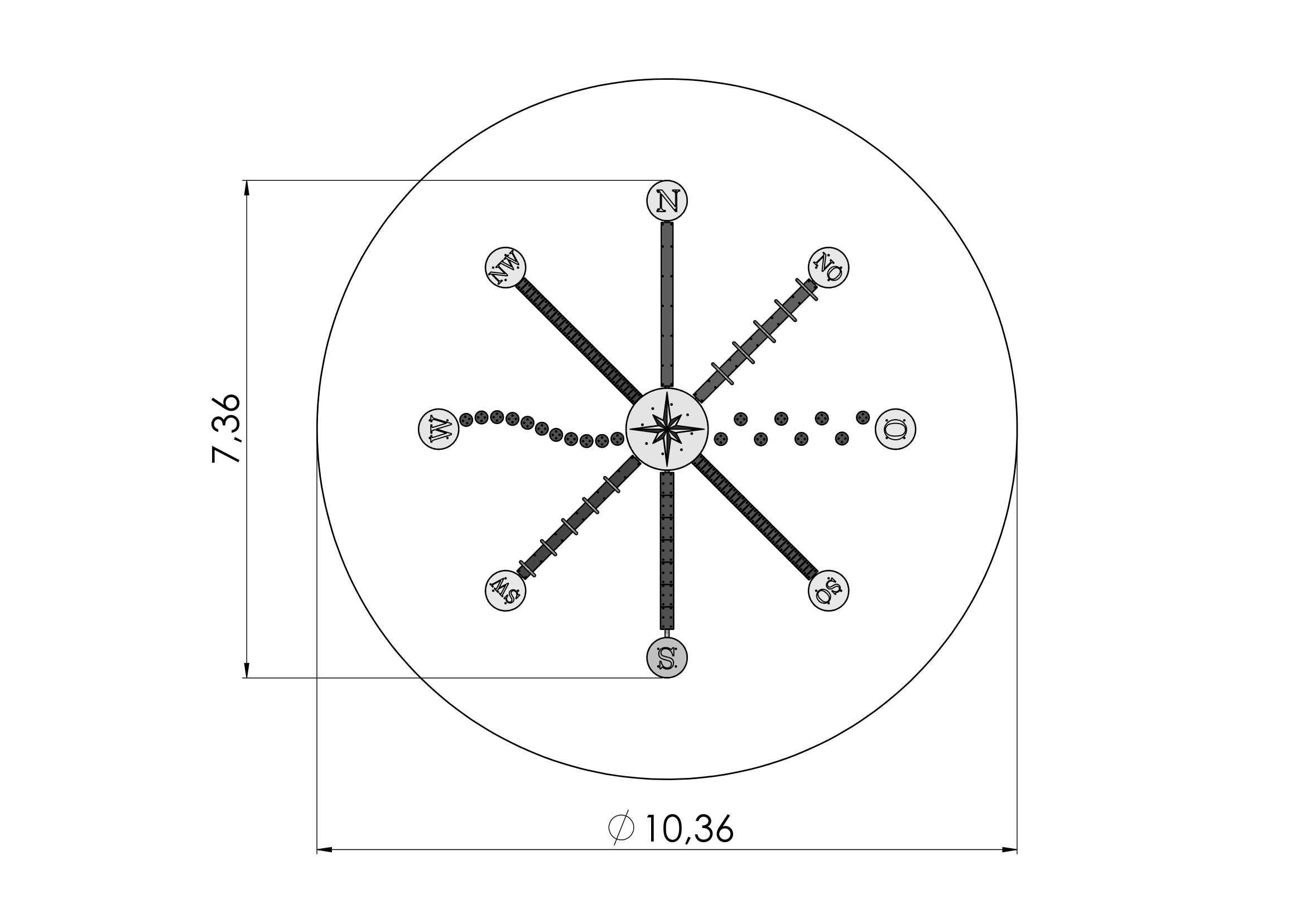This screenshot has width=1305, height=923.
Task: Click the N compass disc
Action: (x=667, y=201)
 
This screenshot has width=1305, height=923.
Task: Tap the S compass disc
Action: (x=667, y=657)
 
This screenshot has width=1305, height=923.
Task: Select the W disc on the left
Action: (x=438, y=429)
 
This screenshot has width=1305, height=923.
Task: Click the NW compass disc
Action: (x=505, y=267)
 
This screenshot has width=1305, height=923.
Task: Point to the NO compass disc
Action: (x=828, y=267)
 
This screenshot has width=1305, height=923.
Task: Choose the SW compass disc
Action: (x=505, y=590)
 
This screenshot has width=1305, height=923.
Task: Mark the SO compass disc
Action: (x=828, y=590)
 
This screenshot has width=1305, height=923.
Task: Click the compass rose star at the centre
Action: (x=667, y=429)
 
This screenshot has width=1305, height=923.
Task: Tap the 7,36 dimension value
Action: (x=226, y=428)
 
